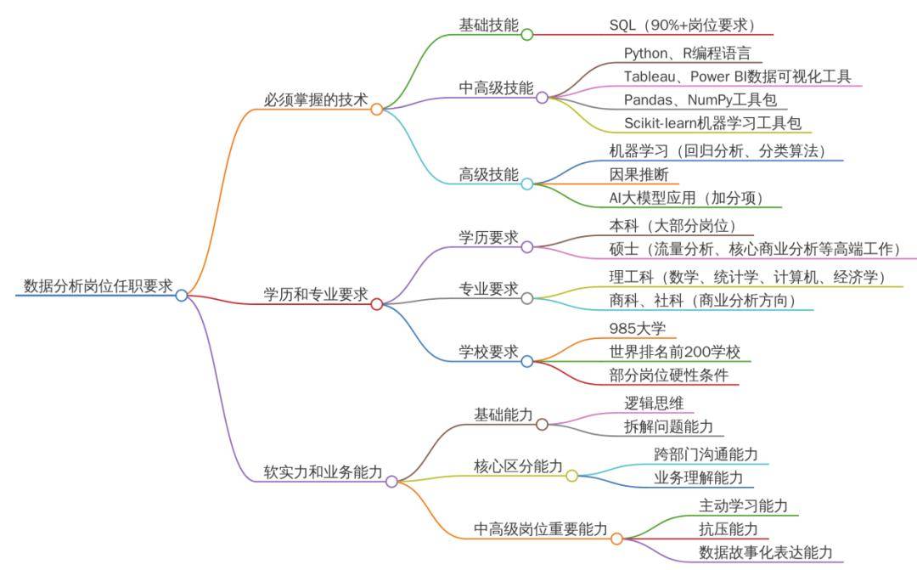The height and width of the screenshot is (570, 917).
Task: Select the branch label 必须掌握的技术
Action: click(x=316, y=99)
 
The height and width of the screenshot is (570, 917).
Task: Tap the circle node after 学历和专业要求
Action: click(x=377, y=303)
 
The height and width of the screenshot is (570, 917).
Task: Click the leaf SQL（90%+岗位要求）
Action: click(x=682, y=25)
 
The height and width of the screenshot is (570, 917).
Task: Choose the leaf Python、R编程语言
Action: click(x=687, y=54)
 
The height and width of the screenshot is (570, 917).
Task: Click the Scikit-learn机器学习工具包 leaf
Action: click(x=712, y=123)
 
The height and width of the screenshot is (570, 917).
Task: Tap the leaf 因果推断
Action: click(x=633, y=175)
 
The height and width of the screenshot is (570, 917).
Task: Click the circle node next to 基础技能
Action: click(x=526, y=35)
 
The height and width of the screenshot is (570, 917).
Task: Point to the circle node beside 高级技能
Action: click(x=526, y=183)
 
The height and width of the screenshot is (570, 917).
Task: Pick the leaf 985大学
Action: click(x=636, y=328)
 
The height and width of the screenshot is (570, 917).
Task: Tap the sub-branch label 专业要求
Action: click(x=488, y=289)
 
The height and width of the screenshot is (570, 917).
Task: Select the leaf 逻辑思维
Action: click(x=654, y=403)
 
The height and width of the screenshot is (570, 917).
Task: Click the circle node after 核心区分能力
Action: click(x=571, y=476)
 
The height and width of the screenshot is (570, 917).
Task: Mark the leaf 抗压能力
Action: click(x=729, y=528)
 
